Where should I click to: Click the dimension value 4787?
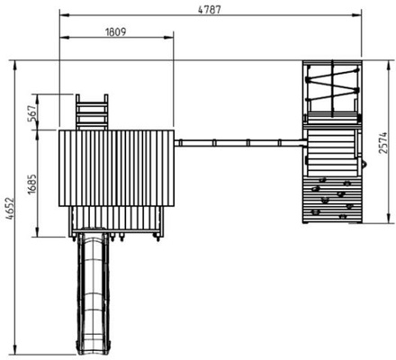coord(210,9)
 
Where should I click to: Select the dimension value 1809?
coord(116,31)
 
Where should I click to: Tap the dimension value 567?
coord(32,112)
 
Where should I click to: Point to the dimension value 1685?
coord(32,184)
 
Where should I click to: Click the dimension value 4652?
coord(10,209)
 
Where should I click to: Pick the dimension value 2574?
coord(382,143)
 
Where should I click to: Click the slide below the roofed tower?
coord(93,294)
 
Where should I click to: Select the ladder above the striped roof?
coord(92,112)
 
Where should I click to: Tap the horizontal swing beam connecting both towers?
coord(240,142)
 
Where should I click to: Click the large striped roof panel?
coord(116,168)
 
